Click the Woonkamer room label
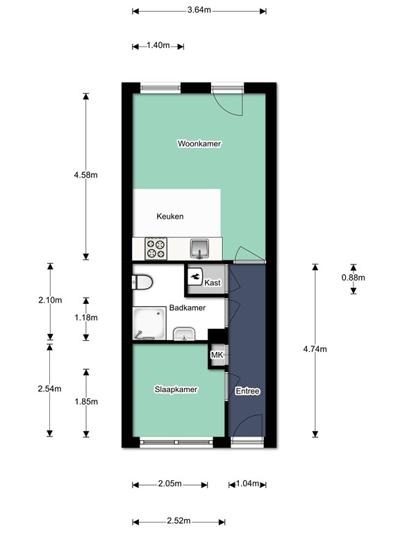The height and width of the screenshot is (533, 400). tap(199, 144)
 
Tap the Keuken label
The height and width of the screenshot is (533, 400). tap(170, 217)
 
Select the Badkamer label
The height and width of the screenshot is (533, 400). tap(187, 308)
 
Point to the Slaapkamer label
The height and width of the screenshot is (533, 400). tap(176, 390)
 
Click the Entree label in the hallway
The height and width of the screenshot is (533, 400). tap(247, 391)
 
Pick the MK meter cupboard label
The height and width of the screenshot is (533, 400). tap(217, 355)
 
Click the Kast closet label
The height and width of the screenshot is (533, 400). tap(213, 282)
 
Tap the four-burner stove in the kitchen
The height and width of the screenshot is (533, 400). tap(156, 248)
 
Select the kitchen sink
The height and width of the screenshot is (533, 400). tap(201, 247)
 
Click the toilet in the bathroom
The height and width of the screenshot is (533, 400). tap(142, 282)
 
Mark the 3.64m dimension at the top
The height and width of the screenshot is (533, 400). tap(199, 11)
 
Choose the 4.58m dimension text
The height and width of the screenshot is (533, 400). tap(85, 175)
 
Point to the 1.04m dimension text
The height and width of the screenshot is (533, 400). tap(247, 484)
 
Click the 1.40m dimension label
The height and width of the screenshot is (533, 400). tap(158, 46)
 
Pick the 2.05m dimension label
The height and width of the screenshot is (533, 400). tap(169, 484)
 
